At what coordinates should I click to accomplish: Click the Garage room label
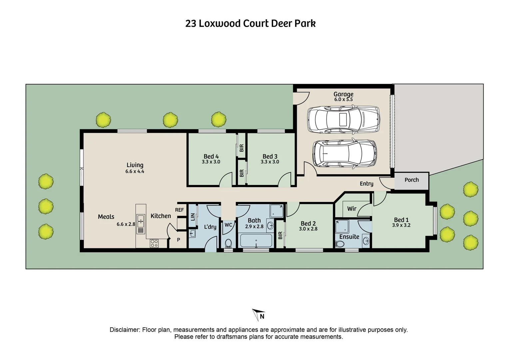coord(343,94)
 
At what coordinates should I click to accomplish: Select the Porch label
coord(411,180)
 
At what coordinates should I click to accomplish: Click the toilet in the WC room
coord(229,243)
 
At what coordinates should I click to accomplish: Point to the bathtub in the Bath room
coord(256,241)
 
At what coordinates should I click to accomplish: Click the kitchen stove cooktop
coord(154,243)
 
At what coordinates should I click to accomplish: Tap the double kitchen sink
coord(141,221)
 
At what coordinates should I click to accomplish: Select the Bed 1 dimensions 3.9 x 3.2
coord(401,225)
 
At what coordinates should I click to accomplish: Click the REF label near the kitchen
coord(179,210)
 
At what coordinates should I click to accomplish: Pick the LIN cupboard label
coord(193,217)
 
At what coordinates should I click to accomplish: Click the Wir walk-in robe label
coord(351,209)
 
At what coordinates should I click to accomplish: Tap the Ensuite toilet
coord(340,244)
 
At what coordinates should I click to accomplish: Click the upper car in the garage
coord(343,119)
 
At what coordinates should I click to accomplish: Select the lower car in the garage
coord(344,153)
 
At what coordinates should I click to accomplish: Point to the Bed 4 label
coord(211,156)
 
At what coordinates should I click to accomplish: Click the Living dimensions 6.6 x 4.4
coord(135,171)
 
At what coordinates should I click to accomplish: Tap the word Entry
coord(366,184)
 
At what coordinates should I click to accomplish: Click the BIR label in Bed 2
coord(280,235)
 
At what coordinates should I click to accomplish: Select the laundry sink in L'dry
coord(192,233)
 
